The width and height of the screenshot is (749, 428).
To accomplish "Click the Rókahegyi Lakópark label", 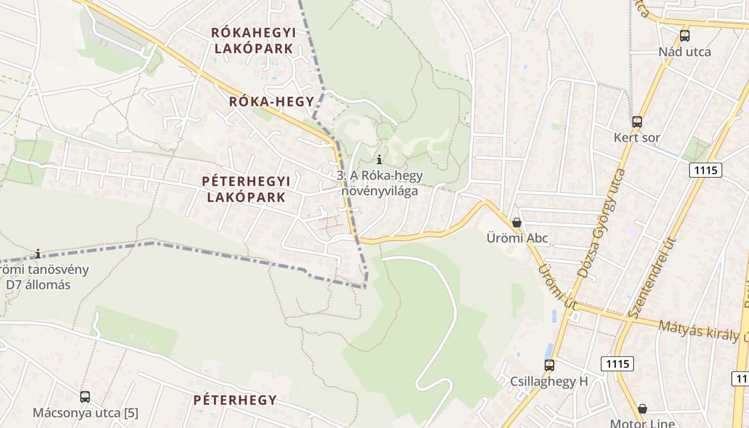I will coord(253,40).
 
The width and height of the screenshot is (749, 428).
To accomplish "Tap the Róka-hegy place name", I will coord(271,102).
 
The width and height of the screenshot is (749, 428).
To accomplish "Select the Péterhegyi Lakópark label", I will coord(246,189).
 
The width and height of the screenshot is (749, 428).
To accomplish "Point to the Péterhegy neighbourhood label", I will coord(235,400).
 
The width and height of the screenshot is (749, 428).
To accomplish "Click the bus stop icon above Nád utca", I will coord(685,36).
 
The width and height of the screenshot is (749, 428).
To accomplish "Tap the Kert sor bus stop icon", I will coord(637,121).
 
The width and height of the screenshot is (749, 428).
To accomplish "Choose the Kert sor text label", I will coord(637,137).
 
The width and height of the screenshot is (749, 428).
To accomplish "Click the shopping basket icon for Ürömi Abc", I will coord(517,222).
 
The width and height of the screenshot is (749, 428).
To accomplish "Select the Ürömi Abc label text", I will coord(517,238).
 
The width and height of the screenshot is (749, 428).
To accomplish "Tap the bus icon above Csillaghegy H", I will coord(549,365).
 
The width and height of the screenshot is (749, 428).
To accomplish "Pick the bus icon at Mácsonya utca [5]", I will coord(85,397).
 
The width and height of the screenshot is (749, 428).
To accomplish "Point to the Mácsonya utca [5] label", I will coord(85,413).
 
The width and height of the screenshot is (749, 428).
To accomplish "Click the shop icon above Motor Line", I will coord(643,409).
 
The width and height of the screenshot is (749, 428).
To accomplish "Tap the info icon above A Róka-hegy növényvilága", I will coord(379,159).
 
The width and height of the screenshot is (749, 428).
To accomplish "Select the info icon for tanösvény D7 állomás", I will coord(38,253).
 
